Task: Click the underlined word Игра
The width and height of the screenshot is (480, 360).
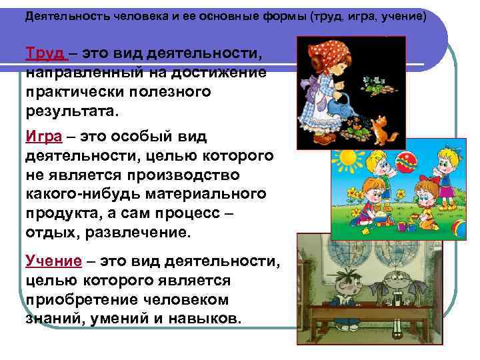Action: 43,137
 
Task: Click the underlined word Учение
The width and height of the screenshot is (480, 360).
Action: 53,260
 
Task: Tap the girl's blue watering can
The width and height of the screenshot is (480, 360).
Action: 347,103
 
